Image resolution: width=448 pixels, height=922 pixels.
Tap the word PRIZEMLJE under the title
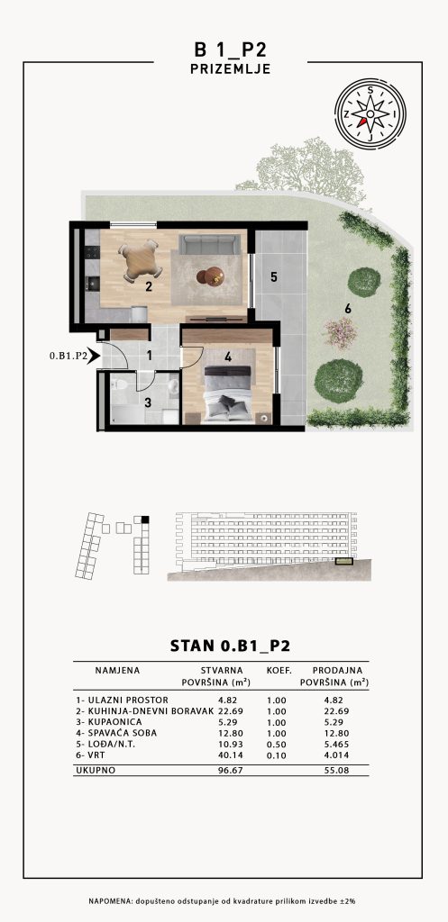[x=230, y=68]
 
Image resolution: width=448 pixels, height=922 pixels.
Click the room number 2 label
[x=149, y=287]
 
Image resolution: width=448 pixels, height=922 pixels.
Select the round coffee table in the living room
[x=210, y=276]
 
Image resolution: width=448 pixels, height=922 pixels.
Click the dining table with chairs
[x=140, y=261]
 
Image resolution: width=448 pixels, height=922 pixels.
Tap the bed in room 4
[x=227, y=393]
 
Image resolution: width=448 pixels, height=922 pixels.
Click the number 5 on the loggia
[x=274, y=277]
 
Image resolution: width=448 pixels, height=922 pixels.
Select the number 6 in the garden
[x=348, y=307]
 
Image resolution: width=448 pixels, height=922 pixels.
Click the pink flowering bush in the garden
[x=341, y=333]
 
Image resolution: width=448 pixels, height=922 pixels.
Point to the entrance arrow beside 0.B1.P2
[x=93, y=356]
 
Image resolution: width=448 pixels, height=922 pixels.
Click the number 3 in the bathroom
[x=149, y=402]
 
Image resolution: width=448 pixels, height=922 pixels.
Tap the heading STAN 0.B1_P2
[x=230, y=646]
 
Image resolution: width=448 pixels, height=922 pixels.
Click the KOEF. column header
[x=280, y=670]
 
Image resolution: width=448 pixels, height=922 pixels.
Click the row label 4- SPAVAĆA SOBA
[x=116, y=733]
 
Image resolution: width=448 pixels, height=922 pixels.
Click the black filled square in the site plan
[x=145, y=520]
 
